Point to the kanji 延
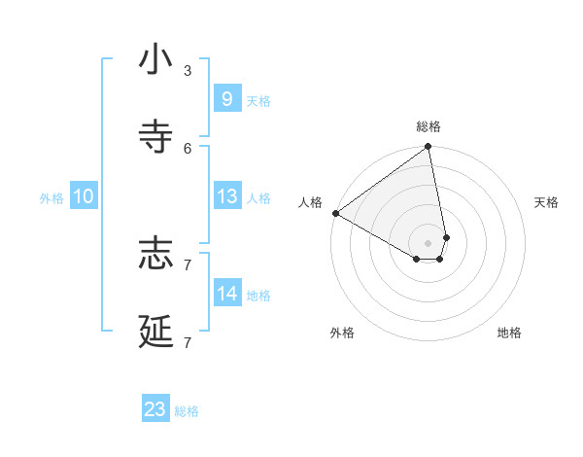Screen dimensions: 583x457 click(155, 331)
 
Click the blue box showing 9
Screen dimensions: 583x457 click(226, 99)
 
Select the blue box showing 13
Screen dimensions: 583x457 click(226, 196)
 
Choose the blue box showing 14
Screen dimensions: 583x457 click(226, 294)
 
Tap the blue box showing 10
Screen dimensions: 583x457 click(84, 196)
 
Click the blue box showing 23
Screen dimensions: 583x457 click(155, 409)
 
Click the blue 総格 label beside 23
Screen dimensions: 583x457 click(187, 411)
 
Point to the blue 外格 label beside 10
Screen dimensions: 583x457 click(51, 198)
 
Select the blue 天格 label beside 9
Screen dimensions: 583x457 click(258, 101)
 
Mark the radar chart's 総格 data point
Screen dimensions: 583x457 click(428, 148)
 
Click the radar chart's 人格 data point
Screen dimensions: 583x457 click(335, 213)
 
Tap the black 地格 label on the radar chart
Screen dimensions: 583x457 click(509, 333)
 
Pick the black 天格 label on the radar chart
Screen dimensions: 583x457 click(546, 202)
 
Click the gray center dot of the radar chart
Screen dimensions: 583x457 click(428, 242)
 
